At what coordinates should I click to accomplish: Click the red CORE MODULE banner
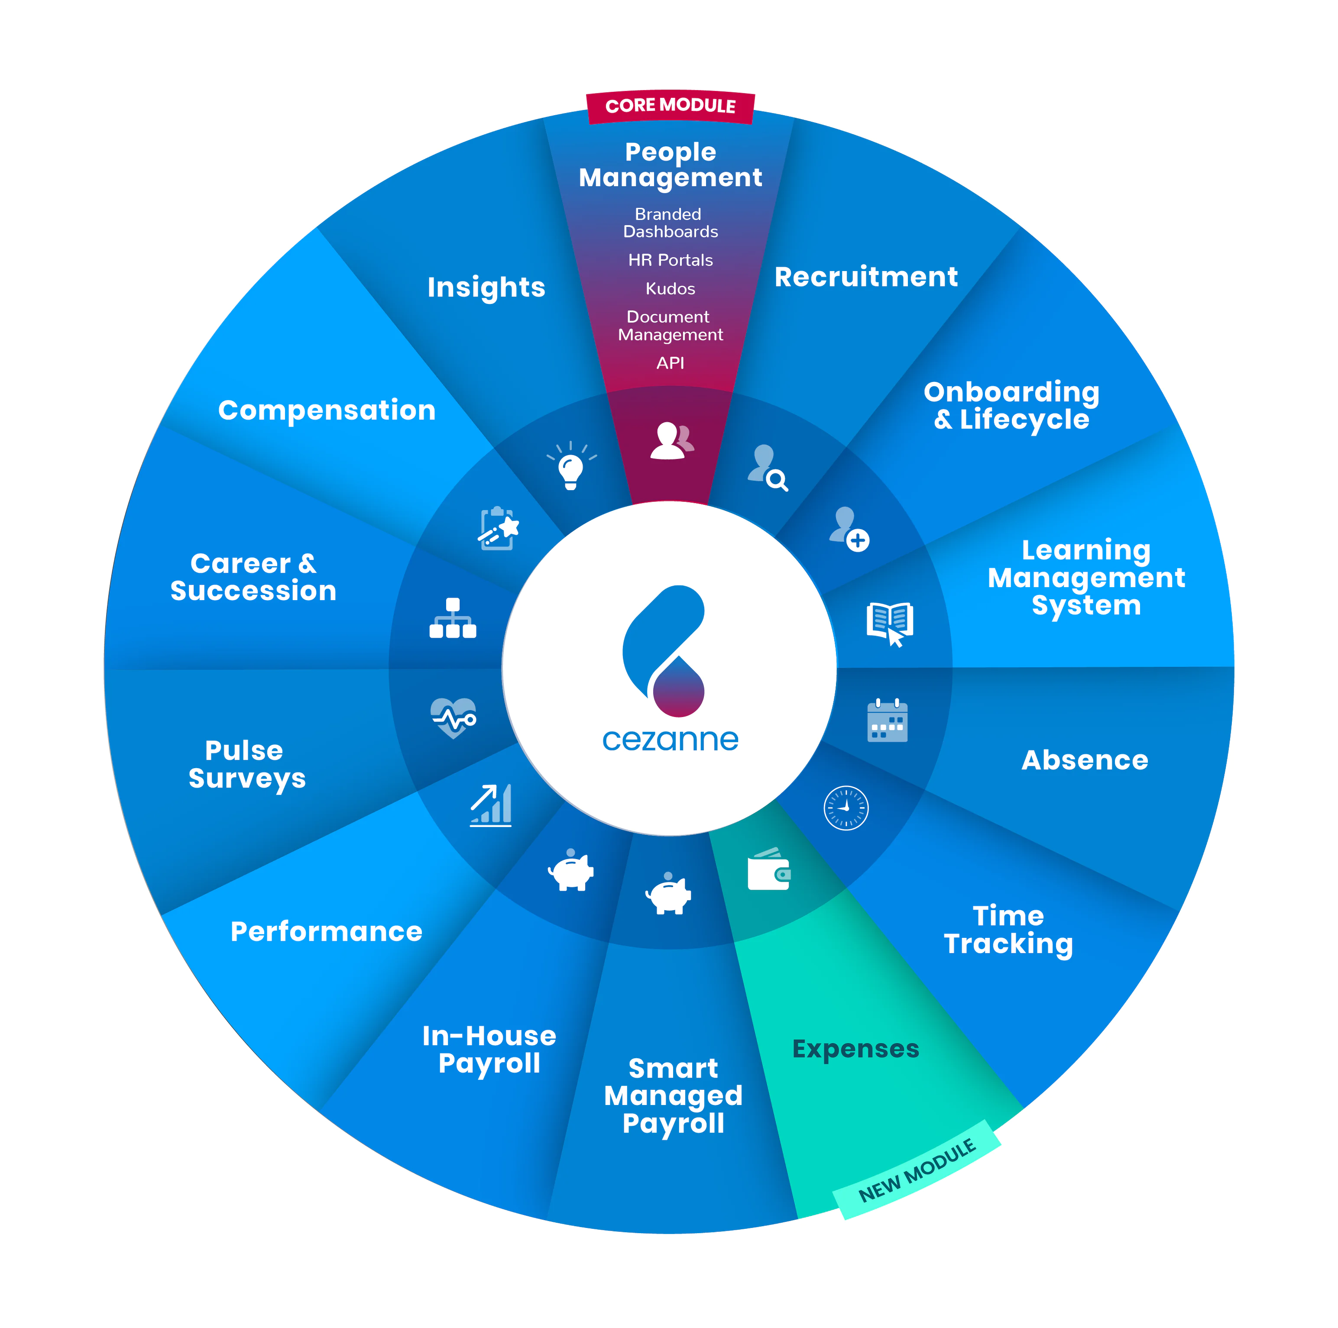670,106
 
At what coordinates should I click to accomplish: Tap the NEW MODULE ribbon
916,1170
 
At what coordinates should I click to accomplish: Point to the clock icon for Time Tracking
846,808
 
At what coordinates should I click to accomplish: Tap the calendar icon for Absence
887,721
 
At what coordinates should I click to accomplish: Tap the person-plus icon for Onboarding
849,529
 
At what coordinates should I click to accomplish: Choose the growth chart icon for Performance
491,805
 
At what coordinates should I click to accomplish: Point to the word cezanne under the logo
670,740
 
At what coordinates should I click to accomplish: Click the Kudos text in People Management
670,289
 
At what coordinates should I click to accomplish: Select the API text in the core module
670,363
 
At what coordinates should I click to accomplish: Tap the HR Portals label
670,260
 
